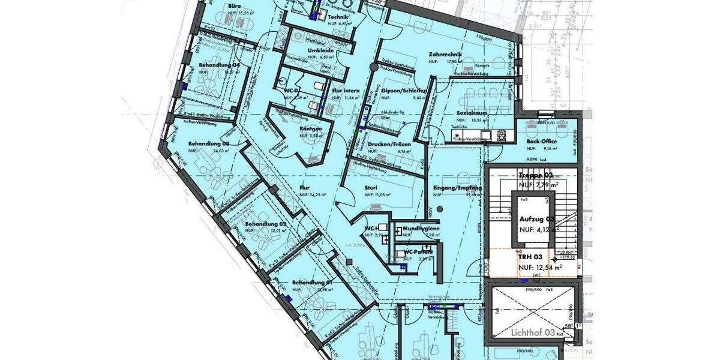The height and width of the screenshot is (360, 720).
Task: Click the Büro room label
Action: pos(234,5)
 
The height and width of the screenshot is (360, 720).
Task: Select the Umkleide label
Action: pos(320,50)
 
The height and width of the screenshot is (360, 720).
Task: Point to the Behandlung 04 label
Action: pos(219,64)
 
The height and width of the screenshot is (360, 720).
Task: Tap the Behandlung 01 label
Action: pos(312,282)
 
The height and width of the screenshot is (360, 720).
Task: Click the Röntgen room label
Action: pos(311,128)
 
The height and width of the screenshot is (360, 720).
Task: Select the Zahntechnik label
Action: pos(445,55)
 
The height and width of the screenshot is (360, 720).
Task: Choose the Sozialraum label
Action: pos(471,113)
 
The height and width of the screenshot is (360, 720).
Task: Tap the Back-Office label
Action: pos(542,142)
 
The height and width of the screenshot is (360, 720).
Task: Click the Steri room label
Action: pos(370,188)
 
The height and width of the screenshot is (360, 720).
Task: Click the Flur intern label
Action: pos(346,91)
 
